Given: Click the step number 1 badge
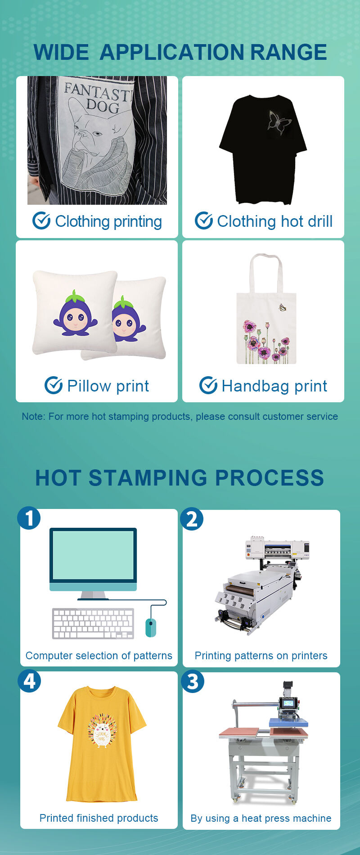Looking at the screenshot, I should tap(29, 518).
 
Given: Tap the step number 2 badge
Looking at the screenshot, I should tap(192, 519).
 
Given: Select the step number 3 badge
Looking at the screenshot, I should tap(193, 681).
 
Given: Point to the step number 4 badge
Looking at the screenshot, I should tap(29, 681).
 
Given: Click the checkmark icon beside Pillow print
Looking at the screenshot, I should tap(54, 386).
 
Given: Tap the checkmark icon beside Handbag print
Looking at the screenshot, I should tap(208, 386).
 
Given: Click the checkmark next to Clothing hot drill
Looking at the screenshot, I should tap(203, 221).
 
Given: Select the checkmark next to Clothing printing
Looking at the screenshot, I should tap(41, 221).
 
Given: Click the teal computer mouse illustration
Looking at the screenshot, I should tap(151, 627).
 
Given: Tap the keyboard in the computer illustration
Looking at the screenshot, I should tap(93, 624).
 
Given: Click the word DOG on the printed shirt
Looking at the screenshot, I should tap(103, 107).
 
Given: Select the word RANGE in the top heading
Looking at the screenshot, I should tap(288, 52).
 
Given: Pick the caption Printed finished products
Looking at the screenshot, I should tap(99, 818).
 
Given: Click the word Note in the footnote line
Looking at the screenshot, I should tap(33, 417).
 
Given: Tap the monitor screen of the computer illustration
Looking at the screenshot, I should tap(93, 555).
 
